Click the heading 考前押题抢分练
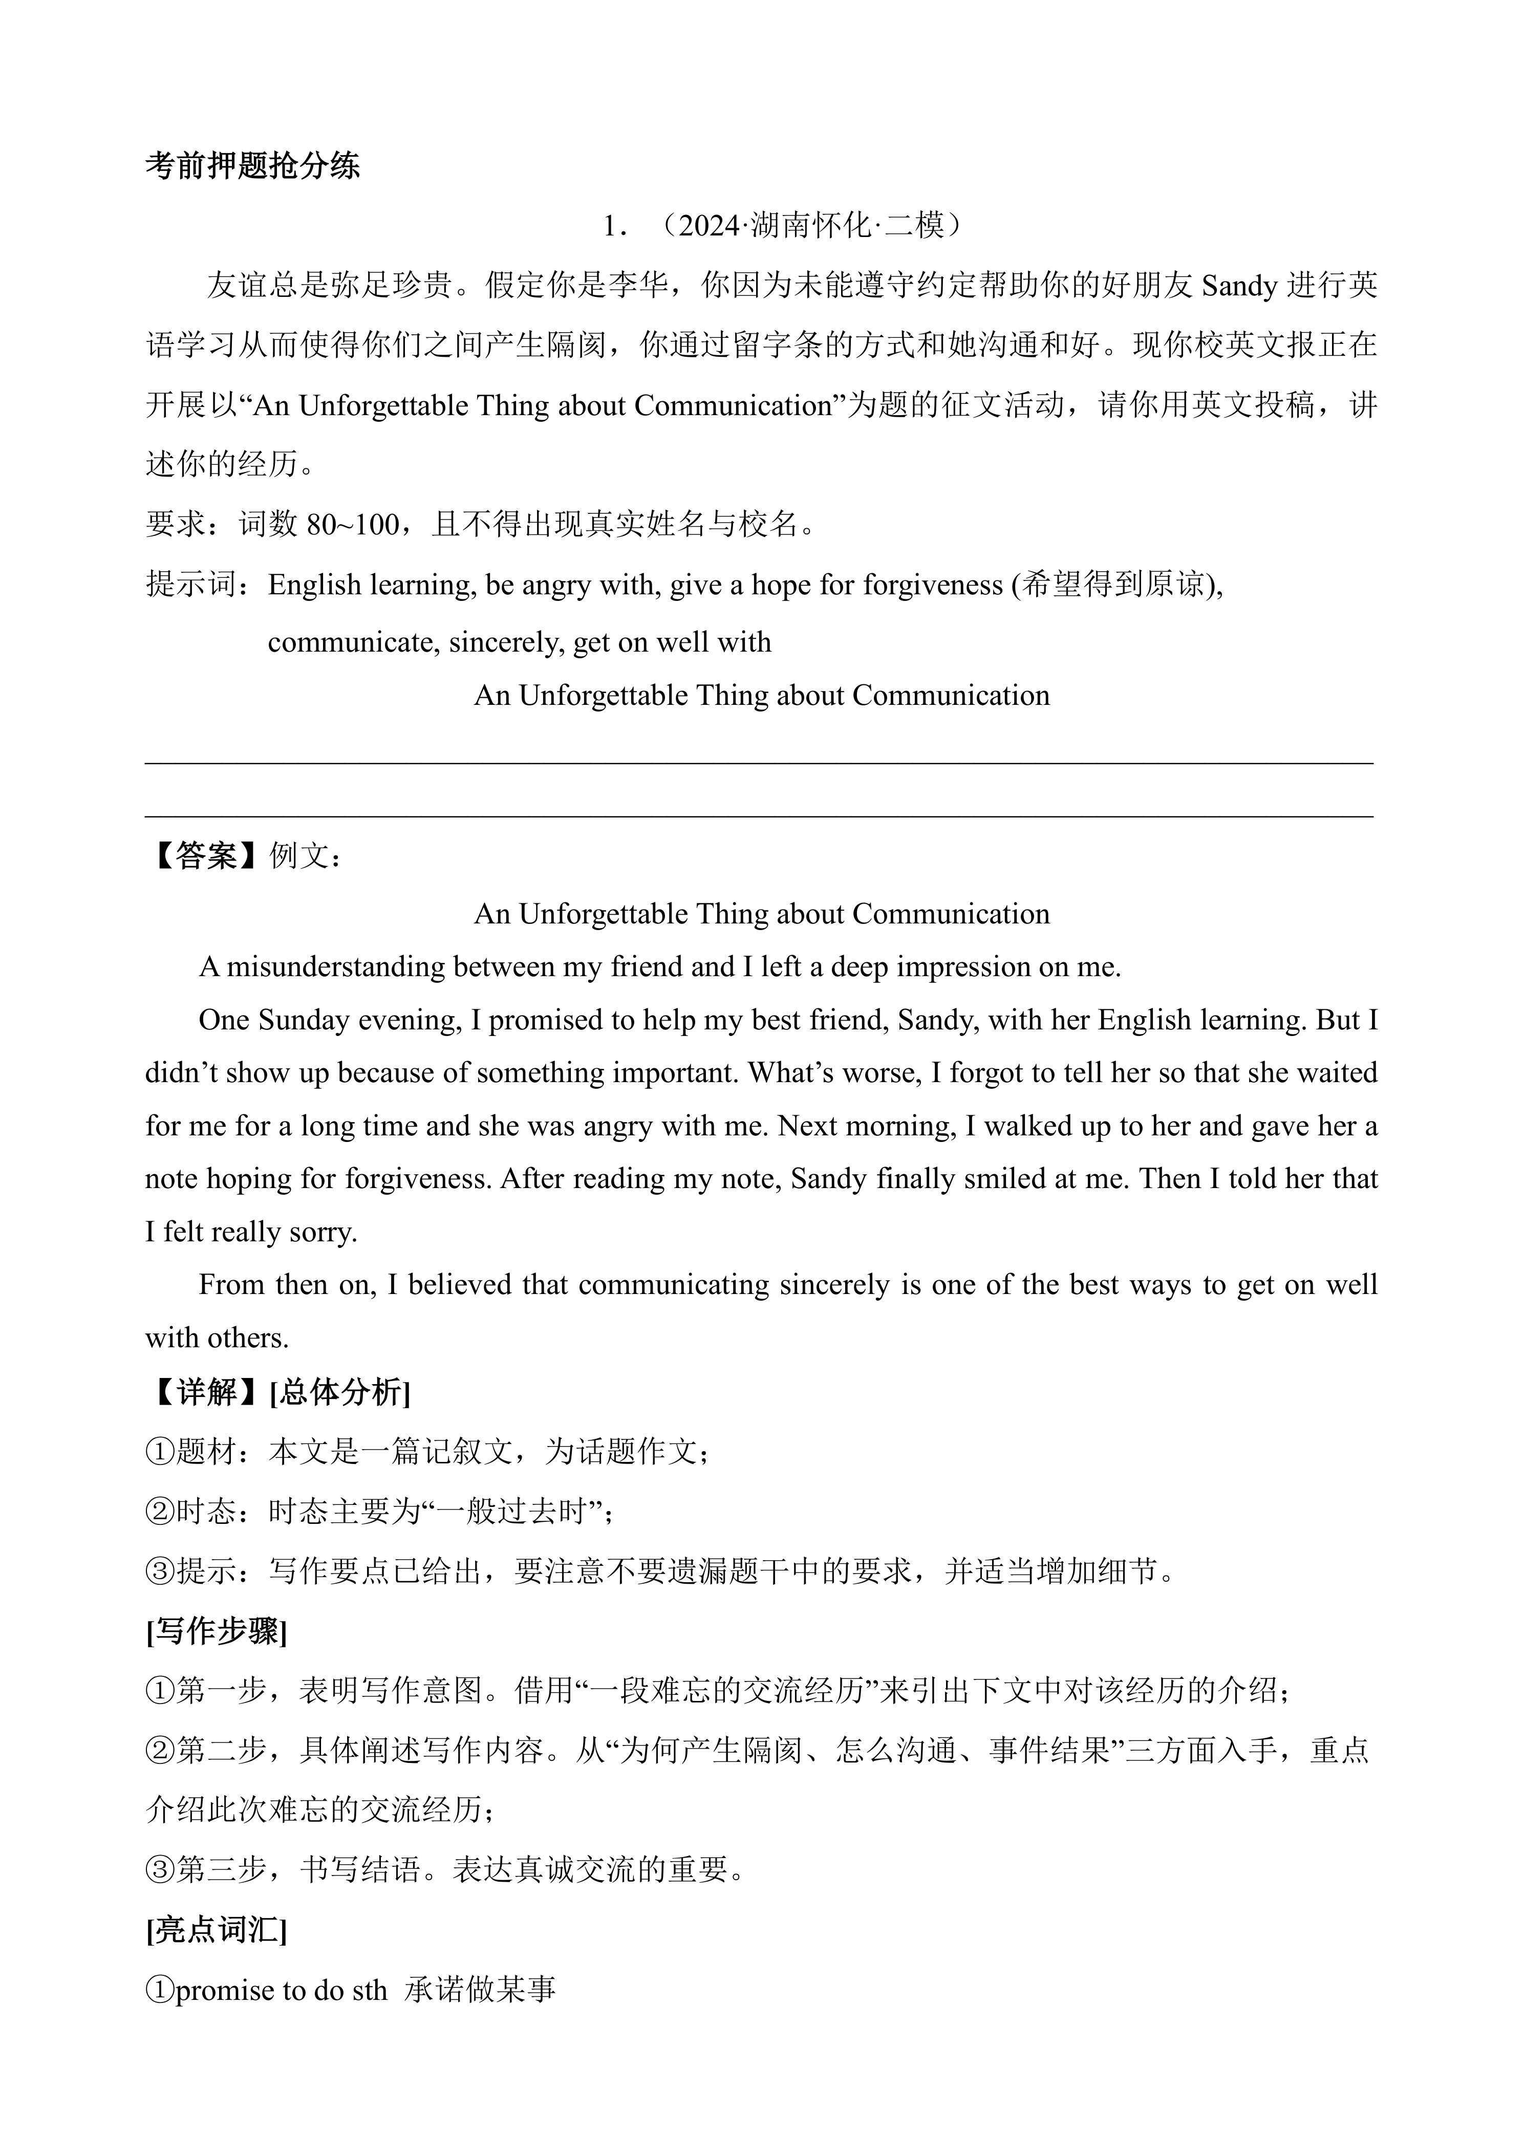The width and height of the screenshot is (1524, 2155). pos(252,166)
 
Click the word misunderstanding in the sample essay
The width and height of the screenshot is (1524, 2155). pos(336,967)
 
